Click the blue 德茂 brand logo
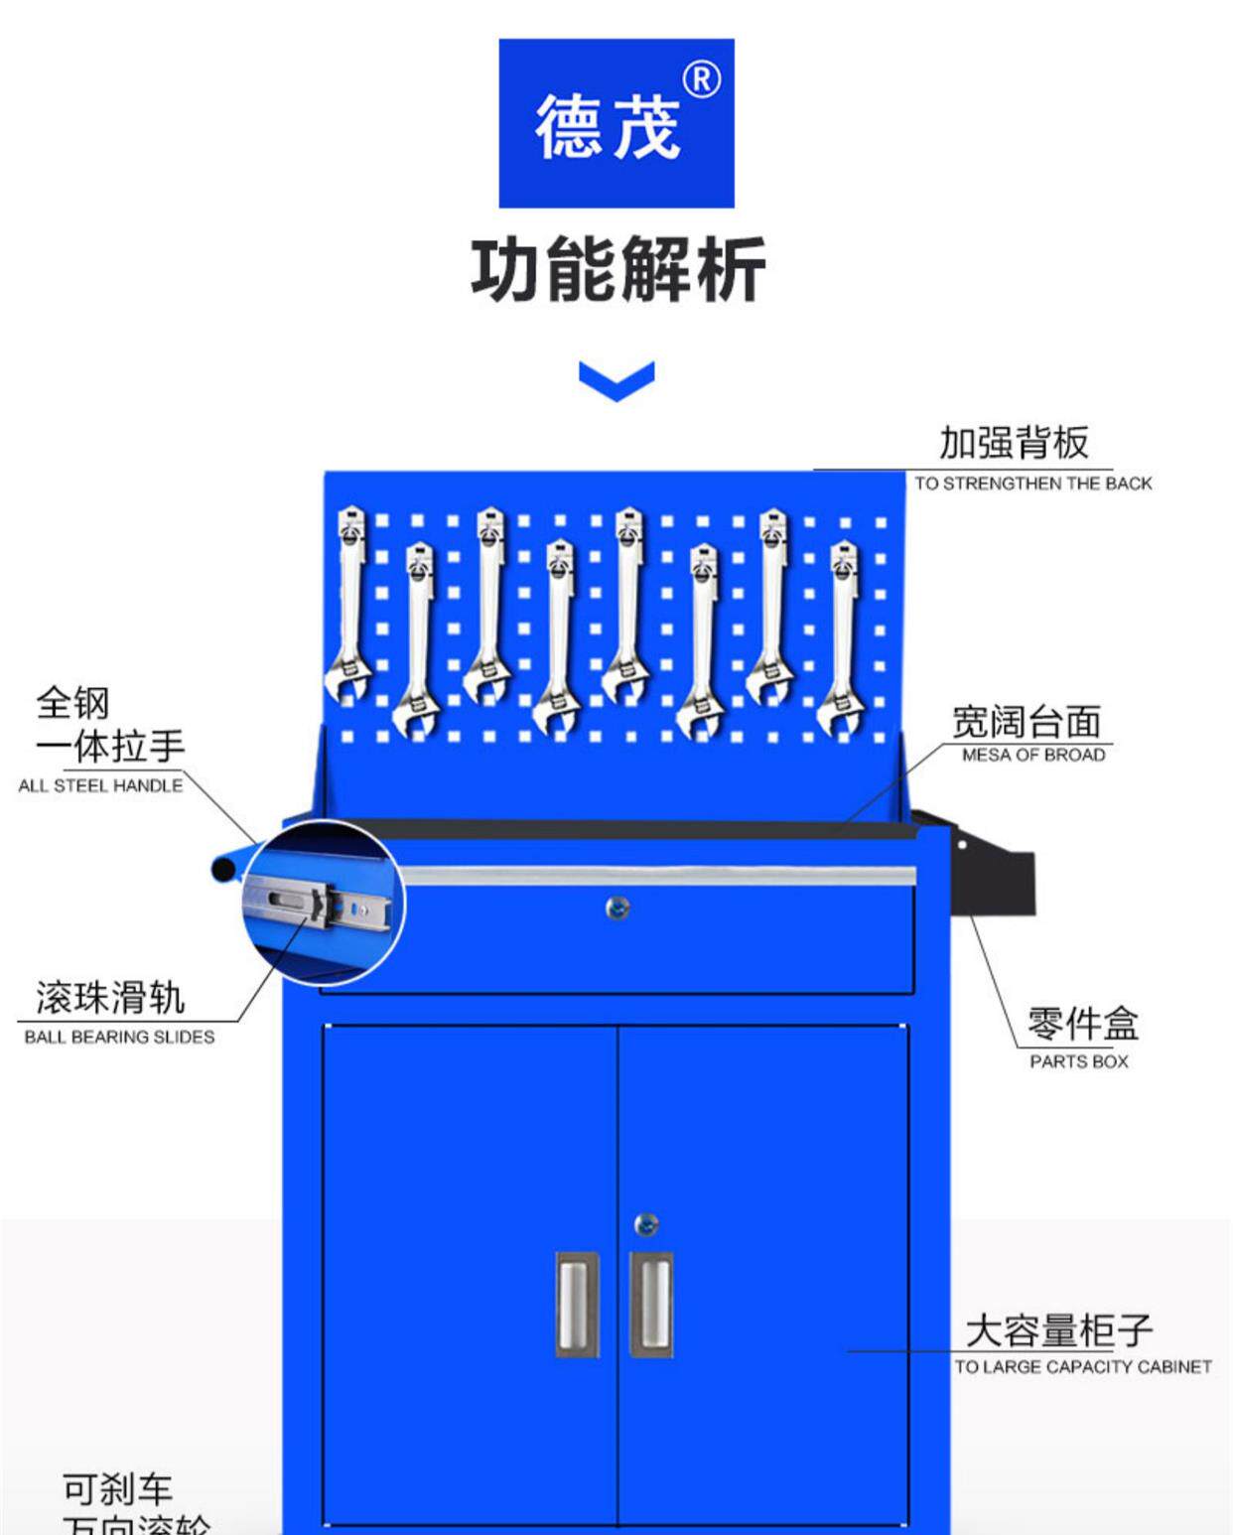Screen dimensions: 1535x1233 tap(616, 123)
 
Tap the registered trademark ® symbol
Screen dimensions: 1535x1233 tap(702, 79)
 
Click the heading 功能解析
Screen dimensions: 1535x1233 tap(617, 269)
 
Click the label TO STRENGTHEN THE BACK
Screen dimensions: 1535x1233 tap(1032, 484)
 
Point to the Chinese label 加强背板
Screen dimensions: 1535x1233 tap(1014, 443)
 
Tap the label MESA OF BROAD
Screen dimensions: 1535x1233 tap(1032, 755)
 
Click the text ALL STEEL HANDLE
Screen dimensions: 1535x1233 tap(100, 785)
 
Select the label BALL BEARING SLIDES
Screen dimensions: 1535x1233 tap(119, 1037)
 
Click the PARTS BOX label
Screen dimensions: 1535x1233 tap(1078, 1061)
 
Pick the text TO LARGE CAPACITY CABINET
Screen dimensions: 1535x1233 tap(1082, 1367)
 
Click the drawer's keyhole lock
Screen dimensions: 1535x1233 tap(617, 907)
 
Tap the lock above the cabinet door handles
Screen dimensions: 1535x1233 tap(645, 1224)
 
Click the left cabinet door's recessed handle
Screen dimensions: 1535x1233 tap(577, 1304)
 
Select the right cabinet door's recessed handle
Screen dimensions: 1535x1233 tap(651, 1304)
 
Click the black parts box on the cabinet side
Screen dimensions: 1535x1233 tap(993, 874)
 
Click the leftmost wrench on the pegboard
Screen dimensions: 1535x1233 tap(350, 606)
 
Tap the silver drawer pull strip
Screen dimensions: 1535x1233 tap(655, 876)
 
